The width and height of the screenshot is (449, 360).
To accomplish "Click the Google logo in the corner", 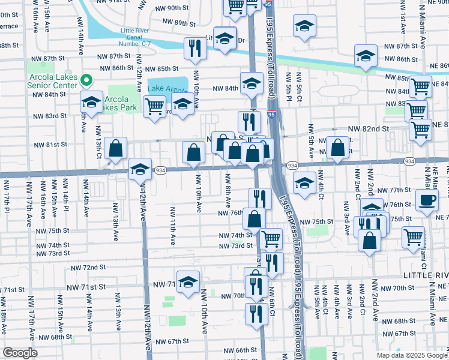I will (x=20, y=353).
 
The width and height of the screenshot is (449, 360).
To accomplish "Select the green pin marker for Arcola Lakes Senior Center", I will (x=86, y=80).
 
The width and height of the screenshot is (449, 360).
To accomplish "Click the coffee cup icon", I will (x=427, y=200).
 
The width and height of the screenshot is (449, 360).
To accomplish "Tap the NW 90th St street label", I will (x=170, y=8).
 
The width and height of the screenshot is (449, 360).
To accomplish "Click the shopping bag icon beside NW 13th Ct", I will (x=115, y=148).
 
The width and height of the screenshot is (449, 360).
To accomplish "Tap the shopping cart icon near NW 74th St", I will (x=271, y=238).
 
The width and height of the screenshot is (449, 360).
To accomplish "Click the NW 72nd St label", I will (x=88, y=267).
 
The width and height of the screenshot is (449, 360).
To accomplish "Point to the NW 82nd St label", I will (x=369, y=128).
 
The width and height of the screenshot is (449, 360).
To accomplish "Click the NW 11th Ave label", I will (x=173, y=226).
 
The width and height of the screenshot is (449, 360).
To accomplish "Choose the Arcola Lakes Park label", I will (x=120, y=103).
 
